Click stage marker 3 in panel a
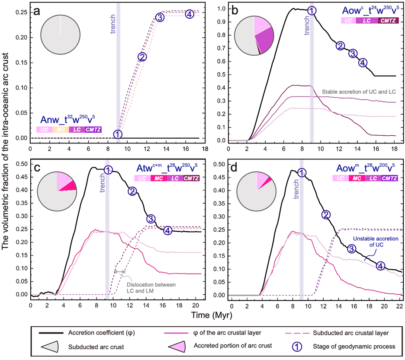pos(160,17)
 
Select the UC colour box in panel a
pos(44,129)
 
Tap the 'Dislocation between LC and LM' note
pos(143,288)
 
